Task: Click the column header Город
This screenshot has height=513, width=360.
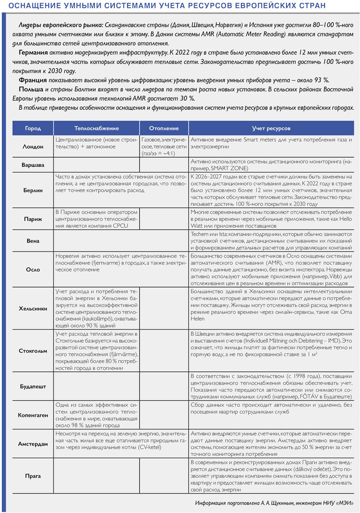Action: pos(33,128)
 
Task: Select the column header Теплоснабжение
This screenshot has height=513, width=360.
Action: pos(96,128)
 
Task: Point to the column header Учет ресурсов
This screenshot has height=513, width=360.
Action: pos(271,128)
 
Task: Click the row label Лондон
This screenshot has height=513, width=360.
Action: pos(33,146)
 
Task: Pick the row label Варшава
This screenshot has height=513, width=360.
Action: pos(33,165)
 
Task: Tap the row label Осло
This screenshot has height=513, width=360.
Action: pos(33,269)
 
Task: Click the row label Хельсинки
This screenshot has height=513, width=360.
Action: pos(33,308)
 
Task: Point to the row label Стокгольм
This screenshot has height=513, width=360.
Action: pos(33,350)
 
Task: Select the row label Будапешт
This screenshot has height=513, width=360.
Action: pos(33,386)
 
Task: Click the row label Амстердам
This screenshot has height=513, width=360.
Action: pos(33,444)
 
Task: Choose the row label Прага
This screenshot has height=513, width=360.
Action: pos(33,476)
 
